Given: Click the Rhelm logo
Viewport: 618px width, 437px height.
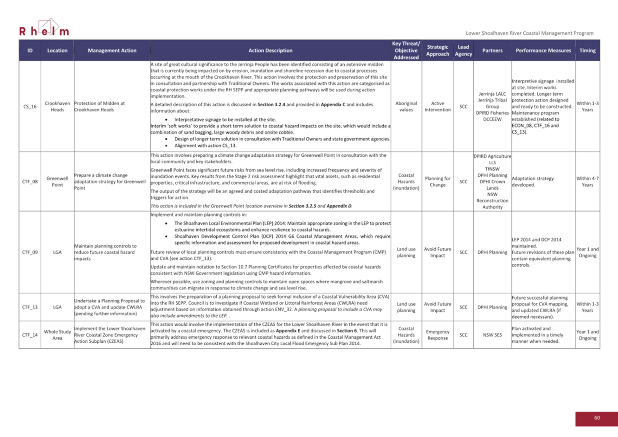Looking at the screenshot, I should coord(44,28).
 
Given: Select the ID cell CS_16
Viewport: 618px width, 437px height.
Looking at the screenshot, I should coord(30,107).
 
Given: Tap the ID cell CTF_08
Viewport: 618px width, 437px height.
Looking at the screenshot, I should coord(30,182).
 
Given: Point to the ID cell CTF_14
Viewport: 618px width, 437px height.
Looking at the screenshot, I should coord(30,335).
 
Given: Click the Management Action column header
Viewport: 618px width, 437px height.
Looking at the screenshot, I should coord(112,51).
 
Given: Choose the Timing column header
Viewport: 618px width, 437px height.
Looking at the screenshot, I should coord(587,51).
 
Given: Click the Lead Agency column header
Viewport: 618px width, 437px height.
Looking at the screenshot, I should coord(463,51).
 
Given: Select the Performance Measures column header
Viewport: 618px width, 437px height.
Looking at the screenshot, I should coord(543,51).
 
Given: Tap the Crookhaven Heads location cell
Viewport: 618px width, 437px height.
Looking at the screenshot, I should coord(57,107).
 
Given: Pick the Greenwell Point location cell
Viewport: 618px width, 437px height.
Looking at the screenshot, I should coord(57,181).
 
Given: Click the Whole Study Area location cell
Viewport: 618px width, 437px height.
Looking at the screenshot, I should coord(57,335).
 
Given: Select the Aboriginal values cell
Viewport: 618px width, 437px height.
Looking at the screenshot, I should coord(406,107).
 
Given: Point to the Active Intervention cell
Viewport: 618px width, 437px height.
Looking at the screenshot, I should coord(438,107).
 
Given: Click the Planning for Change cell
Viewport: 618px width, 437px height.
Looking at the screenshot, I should coord(438,181).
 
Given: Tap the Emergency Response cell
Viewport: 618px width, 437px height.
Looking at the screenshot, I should coord(438,335).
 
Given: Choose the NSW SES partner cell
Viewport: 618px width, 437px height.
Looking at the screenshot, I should coord(492,335).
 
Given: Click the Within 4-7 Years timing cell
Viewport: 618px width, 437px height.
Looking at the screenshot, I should coord(587,181).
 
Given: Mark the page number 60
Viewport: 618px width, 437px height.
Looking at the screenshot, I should coord(597,418).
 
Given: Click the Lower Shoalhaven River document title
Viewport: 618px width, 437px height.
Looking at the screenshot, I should coord(529,33).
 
